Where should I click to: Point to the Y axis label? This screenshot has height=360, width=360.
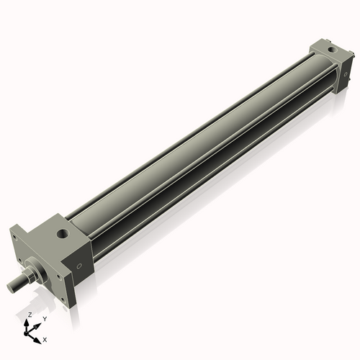44,319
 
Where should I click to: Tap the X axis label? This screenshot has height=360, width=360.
45,338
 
